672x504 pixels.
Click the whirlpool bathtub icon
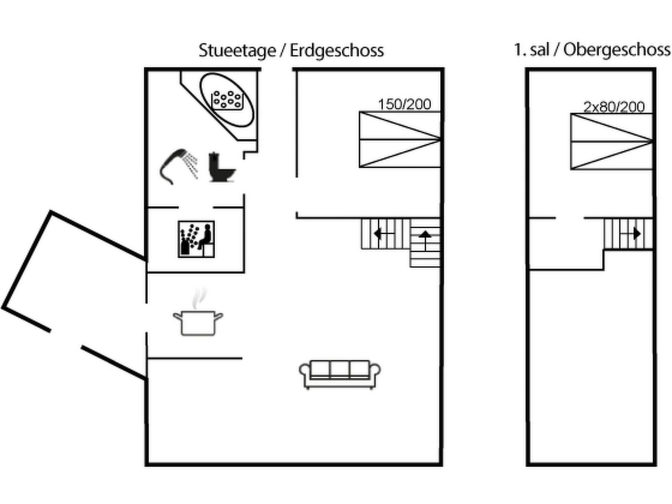[227, 100]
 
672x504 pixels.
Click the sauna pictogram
[196, 239]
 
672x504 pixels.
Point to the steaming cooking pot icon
[198, 322]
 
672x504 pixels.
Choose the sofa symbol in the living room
[340, 374]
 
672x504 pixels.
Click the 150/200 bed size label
[404, 104]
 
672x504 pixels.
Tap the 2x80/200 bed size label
[614, 107]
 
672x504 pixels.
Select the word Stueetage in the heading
[237, 50]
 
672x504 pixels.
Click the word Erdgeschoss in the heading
[337, 50]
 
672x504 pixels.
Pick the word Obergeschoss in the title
[617, 50]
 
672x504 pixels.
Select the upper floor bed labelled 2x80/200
[611, 142]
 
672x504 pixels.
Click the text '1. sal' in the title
[532, 50]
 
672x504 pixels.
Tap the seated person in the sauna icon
[205, 237]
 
